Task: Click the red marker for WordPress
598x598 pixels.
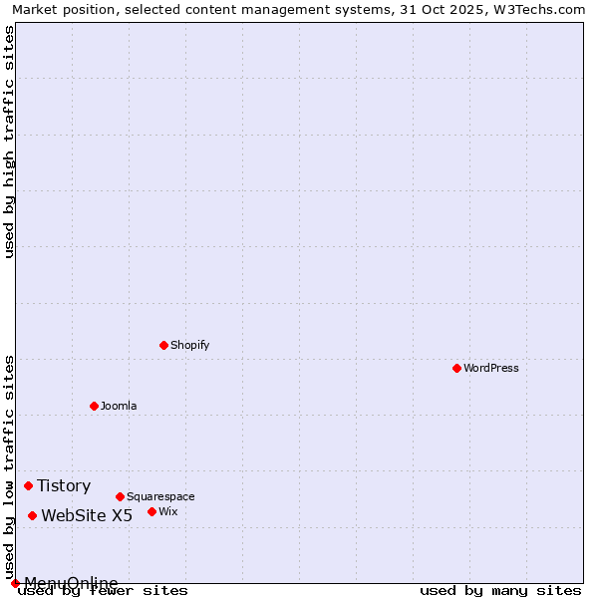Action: point(456,368)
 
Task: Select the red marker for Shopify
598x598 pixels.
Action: point(163,345)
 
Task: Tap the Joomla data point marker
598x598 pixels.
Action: point(94,406)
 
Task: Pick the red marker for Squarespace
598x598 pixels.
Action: point(120,496)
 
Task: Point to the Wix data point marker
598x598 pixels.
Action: point(151,511)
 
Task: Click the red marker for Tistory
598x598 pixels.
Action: point(28,485)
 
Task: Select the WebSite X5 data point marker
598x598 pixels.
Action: point(32,515)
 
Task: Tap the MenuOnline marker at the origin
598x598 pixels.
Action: point(15,583)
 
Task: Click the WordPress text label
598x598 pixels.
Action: point(491,368)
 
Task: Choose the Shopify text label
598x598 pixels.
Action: point(190,345)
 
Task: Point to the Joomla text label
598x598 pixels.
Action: point(119,406)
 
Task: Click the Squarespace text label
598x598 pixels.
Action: point(160,496)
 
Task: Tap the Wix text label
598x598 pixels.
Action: point(168,511)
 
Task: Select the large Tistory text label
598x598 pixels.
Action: point(64,485)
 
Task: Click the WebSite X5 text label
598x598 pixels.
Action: point(87,515)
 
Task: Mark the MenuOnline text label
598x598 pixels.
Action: point(71,583)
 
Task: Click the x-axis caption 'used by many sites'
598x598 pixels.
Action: point(500,590)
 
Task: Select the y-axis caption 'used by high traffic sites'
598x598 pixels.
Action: point(9,142)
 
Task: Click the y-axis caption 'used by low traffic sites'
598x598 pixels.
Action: point(9,466)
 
